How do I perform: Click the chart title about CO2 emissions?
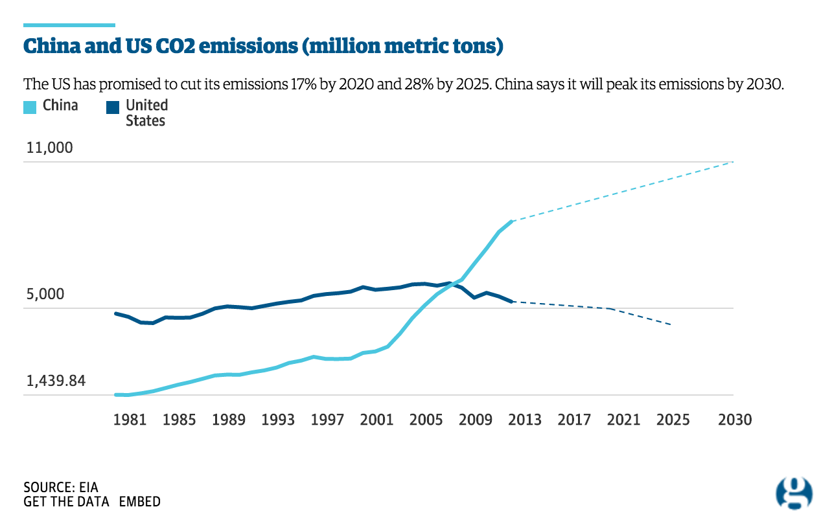pos(264,47)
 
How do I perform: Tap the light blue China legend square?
pos(30,106)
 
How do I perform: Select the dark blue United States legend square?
pos(113,106)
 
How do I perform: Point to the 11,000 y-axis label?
pos(49,148)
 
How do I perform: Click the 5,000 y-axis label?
pos(45,295)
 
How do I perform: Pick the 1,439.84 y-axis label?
pos(56,381)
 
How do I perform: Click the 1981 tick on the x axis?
pos(130,420)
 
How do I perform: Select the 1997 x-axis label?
pos(327,420)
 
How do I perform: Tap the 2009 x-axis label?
pos(476,420)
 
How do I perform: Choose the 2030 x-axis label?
pos(735,420)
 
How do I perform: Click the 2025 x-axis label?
pos(673,420)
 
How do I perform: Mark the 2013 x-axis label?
pos(525,420)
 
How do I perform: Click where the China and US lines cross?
pos(452,284)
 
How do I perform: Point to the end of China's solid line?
pos(512,221)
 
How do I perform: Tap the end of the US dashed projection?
pos(671,324)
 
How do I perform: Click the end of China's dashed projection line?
pos(733,161)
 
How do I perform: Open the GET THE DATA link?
pos(67,502)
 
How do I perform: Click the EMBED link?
pos(140,502)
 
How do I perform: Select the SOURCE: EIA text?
pos(60,487)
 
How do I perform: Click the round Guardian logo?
pos(794,493)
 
